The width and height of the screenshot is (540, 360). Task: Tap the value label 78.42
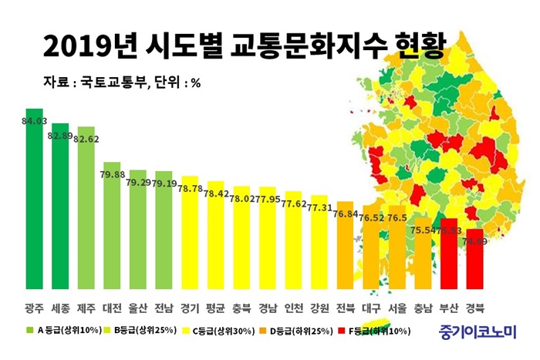coord(216,193)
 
